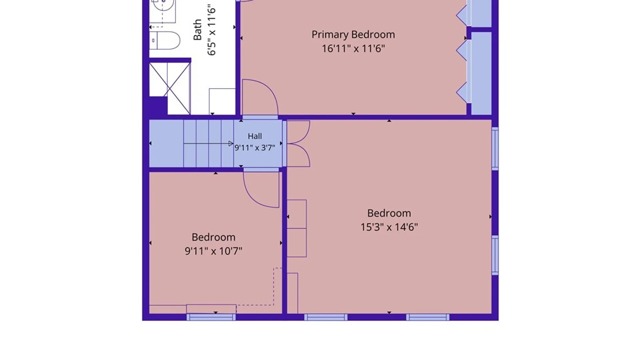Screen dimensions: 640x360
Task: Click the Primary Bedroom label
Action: pos(353,35)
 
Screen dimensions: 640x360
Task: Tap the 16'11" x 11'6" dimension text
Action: pos(353,49)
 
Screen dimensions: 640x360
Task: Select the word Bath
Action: pos(197,30)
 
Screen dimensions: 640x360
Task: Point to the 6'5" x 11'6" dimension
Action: pos(212,30)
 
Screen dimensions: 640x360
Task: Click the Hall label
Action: pos(255,136)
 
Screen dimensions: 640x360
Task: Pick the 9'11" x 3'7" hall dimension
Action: pos(255,148)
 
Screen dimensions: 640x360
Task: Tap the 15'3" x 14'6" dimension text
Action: pos(389,227)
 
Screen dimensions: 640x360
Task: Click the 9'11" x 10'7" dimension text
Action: pos(213,251)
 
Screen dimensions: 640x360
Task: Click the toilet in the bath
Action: pos(165,41)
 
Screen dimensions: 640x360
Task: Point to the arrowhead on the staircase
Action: pos(231,144)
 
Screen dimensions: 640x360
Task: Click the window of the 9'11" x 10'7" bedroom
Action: pos(211,317)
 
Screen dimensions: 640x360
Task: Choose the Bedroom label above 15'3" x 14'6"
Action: pos(389,213)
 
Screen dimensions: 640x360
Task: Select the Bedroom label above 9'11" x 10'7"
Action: pos(213,237)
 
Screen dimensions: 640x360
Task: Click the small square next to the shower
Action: pos(222,101)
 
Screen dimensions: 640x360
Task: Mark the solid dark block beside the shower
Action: pos(158,106)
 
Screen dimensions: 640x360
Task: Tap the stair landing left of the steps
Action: pos(166,144)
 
